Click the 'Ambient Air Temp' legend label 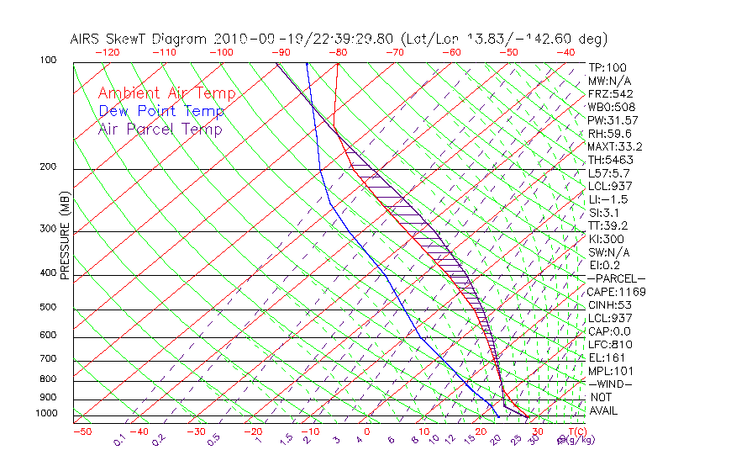[166, 93]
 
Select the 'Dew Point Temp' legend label [161, 111]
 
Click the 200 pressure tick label [49, 167]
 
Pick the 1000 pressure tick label [46, 413]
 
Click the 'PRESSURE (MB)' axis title [66, 240]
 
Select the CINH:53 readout [609, 304]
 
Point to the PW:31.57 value [613, 120]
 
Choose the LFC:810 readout [609, 344]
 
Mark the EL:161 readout [607, 357]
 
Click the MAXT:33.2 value [615, 146]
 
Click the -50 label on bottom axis [82, 431]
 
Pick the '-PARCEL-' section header [616, 278]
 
